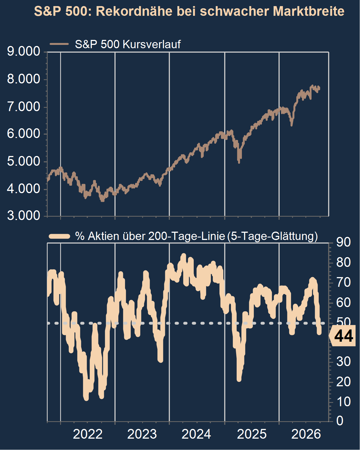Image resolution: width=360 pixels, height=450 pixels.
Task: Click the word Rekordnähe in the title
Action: coord(134,11)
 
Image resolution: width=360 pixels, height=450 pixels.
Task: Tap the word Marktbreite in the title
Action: coord(308,11)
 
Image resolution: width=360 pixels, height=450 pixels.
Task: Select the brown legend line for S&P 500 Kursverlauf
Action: coord(59,44)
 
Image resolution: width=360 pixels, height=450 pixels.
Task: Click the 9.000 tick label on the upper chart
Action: coord(24,51)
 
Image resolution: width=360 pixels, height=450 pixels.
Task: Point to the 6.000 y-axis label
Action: coord(24,134)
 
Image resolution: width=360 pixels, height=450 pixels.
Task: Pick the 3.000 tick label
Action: coord(24,216)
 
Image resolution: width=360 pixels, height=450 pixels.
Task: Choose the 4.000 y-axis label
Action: coord(24,189)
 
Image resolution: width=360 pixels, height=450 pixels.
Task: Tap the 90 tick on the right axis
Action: coord(343,242)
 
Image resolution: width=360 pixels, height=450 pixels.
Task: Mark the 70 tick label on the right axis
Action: coord(343,283)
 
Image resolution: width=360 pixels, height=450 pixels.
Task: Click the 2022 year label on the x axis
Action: coord(88,434)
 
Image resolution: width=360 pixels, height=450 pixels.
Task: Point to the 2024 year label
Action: coord(196,434)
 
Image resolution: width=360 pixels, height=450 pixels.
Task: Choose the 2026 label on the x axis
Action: coord(306,434)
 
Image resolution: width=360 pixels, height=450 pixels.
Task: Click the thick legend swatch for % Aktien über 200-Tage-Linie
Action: coord(59,236)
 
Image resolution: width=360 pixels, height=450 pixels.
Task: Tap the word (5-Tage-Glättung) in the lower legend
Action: coord(272,236)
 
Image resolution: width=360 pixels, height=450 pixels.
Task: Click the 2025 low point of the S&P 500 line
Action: coord(239,162)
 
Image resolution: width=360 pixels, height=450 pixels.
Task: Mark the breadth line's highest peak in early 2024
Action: coord(183,255)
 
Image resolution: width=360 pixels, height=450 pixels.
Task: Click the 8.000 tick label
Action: coord(24,79)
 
